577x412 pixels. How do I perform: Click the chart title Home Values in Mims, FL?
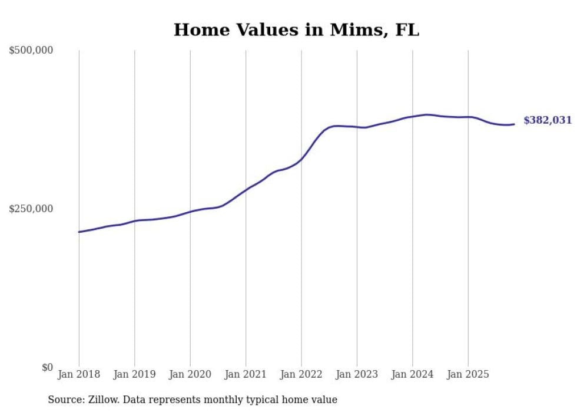coord(296,29)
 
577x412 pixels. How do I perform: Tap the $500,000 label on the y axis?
coord(31,51)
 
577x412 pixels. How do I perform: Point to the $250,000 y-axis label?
coord(31,209)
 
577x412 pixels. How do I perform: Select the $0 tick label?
coord(47,367)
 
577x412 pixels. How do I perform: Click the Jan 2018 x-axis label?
coord(79,374)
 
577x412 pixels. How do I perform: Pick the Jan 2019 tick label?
coord(134,374)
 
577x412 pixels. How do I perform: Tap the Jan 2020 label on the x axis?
coord(190,374)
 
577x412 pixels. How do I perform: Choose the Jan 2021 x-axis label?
coord(246,374)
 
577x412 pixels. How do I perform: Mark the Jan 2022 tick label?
coord(301,374)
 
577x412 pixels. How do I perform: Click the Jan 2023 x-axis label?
coord(357,374)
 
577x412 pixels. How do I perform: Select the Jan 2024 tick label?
coord(413,374)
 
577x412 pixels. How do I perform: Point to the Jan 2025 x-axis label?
coord(468,374)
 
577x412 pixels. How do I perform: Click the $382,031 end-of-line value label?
coord(548,120)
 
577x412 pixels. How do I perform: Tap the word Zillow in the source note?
coord(103,400)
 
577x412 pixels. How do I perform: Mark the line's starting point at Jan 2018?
coord(79,232)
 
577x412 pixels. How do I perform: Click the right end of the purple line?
coord(514,124)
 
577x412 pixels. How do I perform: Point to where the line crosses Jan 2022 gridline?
coord(301,159)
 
